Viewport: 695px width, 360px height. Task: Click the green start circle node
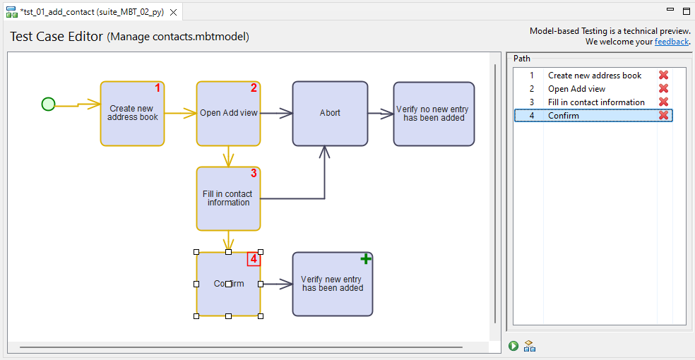pyautogui.click(x=48, y=104)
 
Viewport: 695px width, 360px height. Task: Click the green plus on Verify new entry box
pyautogui.click(x=366, y=259)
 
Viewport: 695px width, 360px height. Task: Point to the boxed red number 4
pyautogui.click(x=254, y=259)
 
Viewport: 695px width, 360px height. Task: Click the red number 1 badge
pyautogui.click(x=158, y=88)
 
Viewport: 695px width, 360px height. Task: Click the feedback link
pyautogui.click(x=671, y=42)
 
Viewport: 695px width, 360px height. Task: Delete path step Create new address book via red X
pyautogui.click(x=664, y=76)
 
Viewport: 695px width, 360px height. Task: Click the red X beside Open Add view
pyautogui.click(x=664, y=89)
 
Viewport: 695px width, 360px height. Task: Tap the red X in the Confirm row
pyautogui.click(x=664, y=116)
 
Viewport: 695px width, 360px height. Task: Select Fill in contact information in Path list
pyautogui.click(x=596, y=102)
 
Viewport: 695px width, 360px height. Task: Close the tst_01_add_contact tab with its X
pyautogui.click(x=174, y=12)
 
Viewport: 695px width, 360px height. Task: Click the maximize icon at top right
pyautogui.click(x=686, y=11)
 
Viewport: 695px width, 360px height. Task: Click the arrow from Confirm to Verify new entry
pyautogui.click(x=277, y=284)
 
